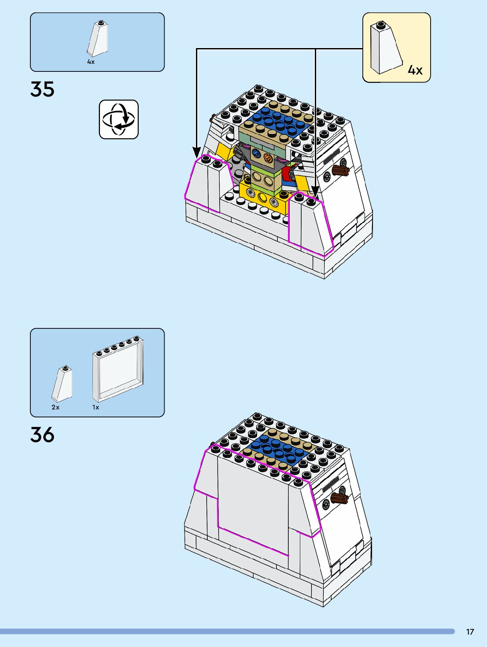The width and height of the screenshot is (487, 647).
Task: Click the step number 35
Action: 42,89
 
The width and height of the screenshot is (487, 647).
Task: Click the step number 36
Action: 42,435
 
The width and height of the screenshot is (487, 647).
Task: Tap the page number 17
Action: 470,632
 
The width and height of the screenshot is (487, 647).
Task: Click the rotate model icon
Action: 118,119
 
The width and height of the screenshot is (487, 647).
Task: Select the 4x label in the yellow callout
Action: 415,70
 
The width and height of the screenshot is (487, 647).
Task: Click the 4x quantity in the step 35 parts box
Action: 91,62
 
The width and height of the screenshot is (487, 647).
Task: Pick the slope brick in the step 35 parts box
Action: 98,39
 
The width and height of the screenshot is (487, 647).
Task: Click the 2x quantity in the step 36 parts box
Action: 55,407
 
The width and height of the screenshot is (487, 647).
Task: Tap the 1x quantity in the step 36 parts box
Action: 96,407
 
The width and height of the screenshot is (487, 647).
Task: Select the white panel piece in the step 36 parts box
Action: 118,369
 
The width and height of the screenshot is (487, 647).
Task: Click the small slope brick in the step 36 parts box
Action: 63,384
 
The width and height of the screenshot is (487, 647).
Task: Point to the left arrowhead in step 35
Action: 197,152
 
